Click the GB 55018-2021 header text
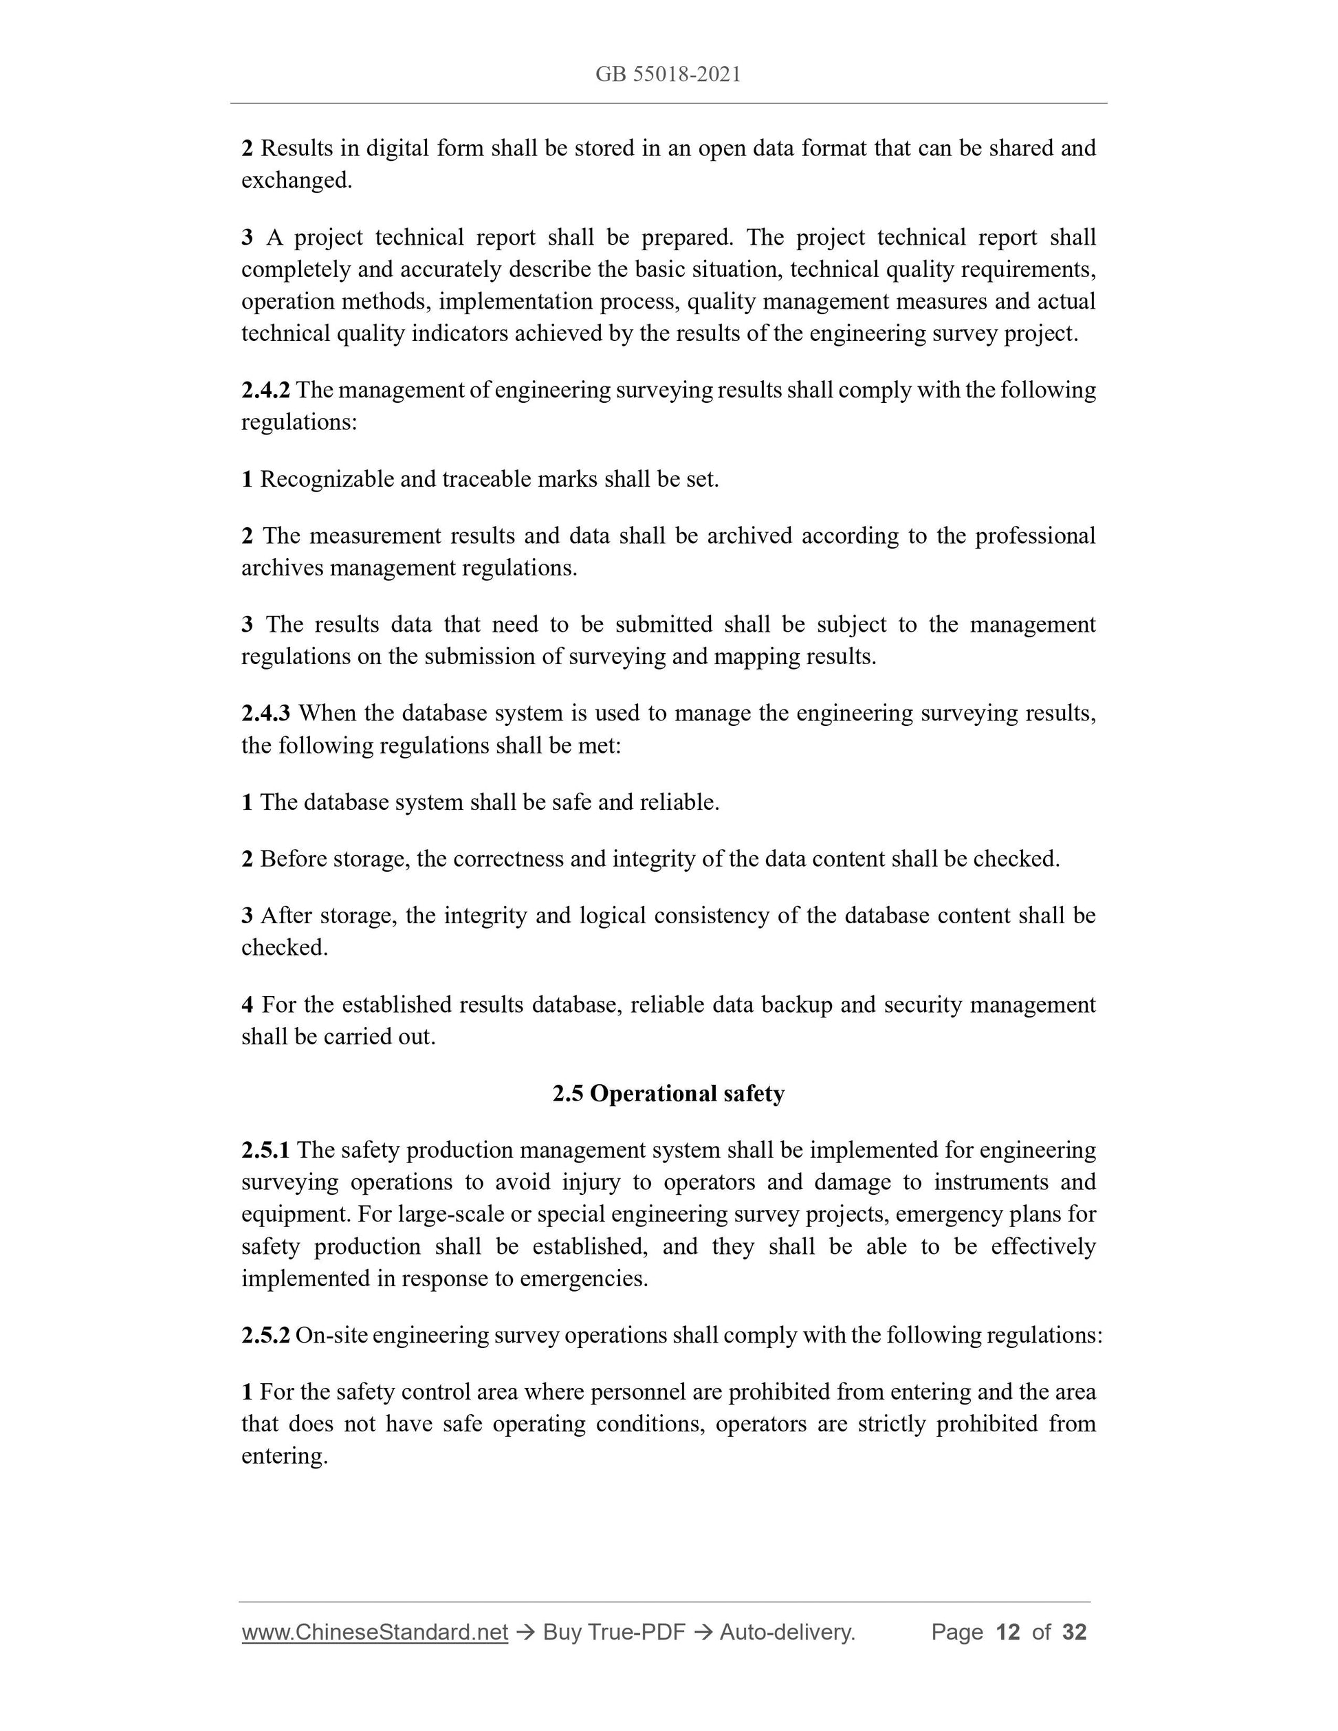click(668, 74)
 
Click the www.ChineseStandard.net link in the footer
click(374, 1632)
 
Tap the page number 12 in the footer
click(1007, 1632)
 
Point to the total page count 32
click(1074, 1632)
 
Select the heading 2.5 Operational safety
click(668, 1094)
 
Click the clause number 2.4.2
click(265, 390)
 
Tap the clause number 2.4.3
click(265, 714)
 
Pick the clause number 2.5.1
click(265, 1150)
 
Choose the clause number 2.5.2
click(265, 1336)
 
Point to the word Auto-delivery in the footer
click(787, 1632)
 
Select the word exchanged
click(296, 181)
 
